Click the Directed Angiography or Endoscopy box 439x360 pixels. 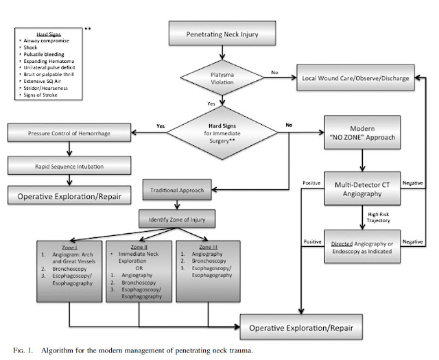point(361,243)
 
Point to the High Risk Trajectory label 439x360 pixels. point(385,217)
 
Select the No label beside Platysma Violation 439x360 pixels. point(274,71)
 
